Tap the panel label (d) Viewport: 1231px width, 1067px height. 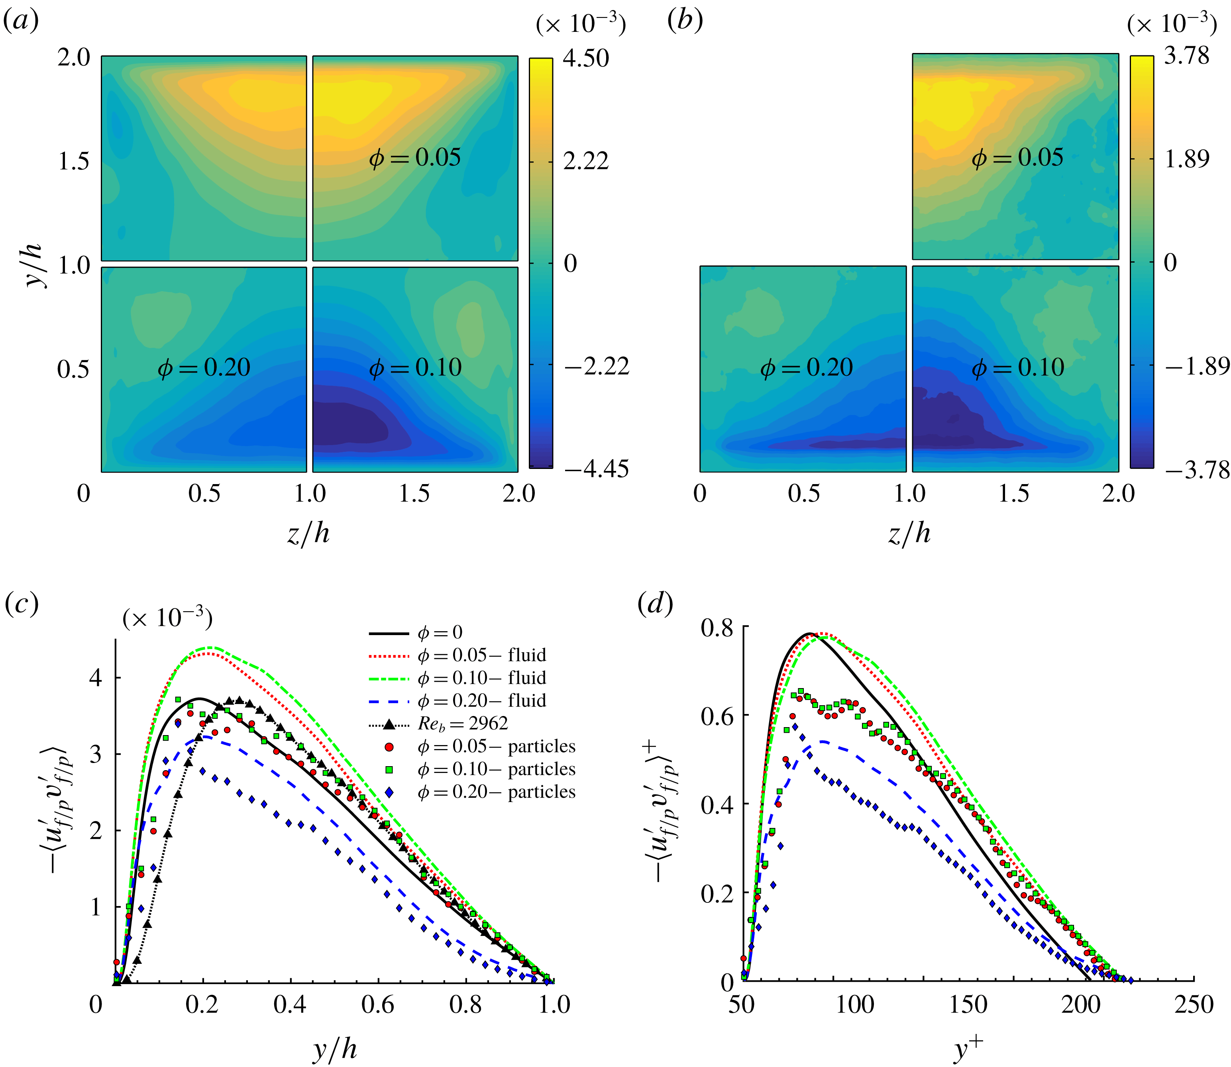655,604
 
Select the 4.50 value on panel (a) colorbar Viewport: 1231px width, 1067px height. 586,58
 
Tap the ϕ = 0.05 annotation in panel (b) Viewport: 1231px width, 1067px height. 1017,158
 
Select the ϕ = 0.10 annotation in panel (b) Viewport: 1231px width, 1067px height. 1017,367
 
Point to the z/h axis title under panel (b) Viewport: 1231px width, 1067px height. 909,533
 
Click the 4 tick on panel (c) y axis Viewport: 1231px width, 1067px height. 95,678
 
